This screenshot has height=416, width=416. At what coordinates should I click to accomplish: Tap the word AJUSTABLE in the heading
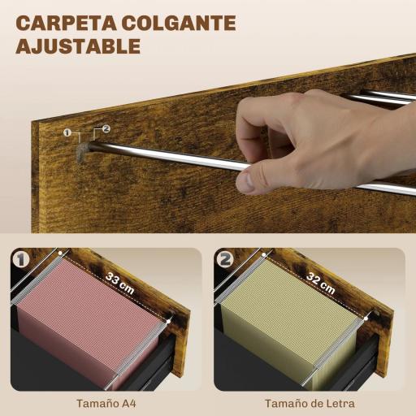(79, 45)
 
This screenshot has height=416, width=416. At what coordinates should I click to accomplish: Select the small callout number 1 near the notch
(67, 132)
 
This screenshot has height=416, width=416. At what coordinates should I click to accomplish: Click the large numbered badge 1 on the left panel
(24, 261)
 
